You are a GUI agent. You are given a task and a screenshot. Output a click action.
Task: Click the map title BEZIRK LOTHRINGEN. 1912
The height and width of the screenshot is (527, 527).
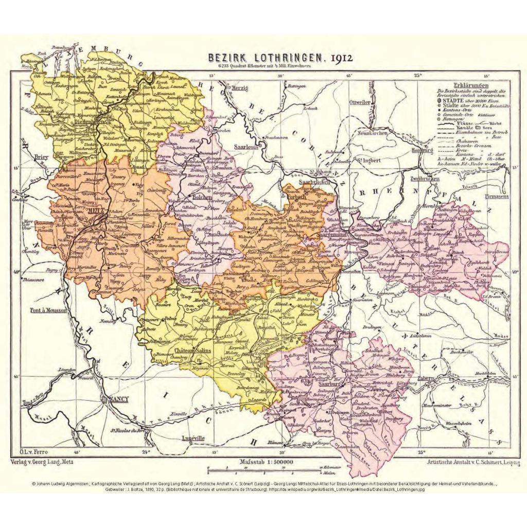[x=280, y=58]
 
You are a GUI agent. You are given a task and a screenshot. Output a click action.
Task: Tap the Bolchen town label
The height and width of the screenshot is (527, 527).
[x=201, y=196]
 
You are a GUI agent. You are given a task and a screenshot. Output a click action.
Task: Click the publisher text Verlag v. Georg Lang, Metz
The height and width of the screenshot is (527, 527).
[x=42, y=462]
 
